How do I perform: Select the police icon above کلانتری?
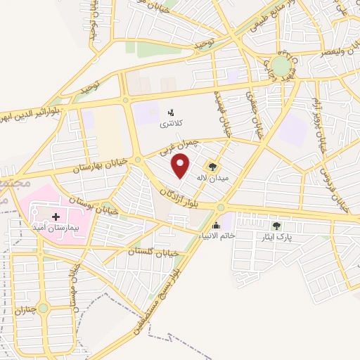170,112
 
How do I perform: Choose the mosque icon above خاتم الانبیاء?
215,226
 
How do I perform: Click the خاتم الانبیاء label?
215,236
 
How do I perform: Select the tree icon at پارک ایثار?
276,226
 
